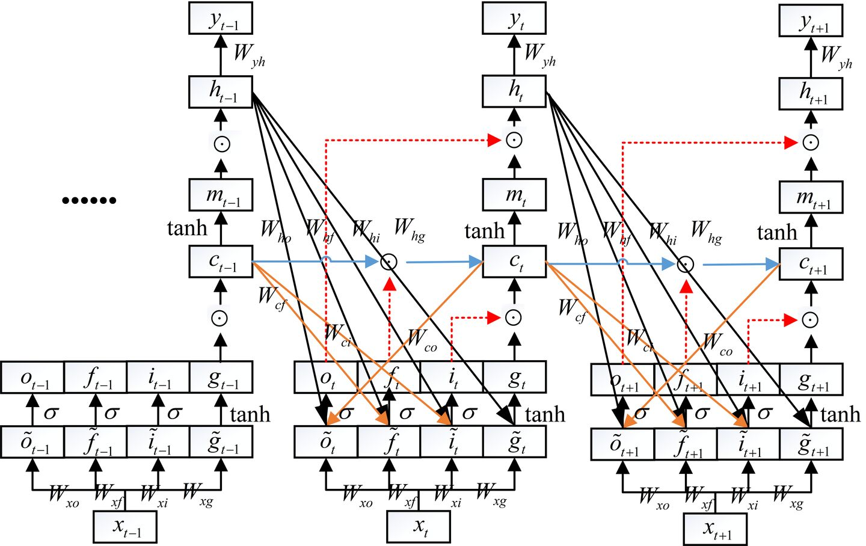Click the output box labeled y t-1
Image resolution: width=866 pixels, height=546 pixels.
pos(221,18)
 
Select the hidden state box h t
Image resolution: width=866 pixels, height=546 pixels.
pos(514,91)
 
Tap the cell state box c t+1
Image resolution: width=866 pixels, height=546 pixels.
pos(811,264)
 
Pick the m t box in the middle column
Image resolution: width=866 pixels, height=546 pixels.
pos(514,195)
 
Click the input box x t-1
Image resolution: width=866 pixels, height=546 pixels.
pos(126,527)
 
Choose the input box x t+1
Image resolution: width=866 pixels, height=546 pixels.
pos(716,529)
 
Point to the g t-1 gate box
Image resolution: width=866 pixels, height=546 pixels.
pos(221,378)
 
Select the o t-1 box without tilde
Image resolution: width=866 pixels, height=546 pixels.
pos(32,378)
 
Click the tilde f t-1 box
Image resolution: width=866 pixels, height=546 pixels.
pos(96,443)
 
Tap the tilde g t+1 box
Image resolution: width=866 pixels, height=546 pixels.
pos(811,444)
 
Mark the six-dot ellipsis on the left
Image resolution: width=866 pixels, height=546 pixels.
pos(89,200)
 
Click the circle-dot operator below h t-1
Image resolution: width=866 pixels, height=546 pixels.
pos(221,144)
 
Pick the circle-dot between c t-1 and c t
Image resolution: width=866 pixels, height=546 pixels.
pos(388,262)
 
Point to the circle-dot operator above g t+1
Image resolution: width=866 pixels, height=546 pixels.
pos(811,319)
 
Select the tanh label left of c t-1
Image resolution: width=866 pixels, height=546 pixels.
pos(186,229)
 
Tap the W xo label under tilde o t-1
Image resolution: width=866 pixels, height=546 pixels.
pos(63,497)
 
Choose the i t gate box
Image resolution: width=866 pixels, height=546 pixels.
pos(452,378)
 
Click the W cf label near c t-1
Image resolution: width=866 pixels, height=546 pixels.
pos(271,298)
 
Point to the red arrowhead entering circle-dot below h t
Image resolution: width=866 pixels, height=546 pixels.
pos(494,140)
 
